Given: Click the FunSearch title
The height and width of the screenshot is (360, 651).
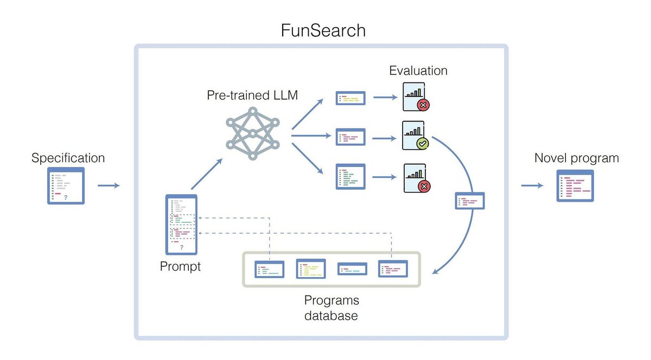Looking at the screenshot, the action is [323, 30].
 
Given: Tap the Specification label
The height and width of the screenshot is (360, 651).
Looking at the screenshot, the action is [68, 158].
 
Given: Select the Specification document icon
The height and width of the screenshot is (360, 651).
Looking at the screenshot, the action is [66, 185].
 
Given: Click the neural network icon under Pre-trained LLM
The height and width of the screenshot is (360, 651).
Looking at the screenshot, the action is [253, 133].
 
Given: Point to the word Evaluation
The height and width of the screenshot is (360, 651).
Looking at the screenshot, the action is [418, 70].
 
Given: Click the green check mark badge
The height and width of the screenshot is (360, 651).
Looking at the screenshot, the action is [422, 143].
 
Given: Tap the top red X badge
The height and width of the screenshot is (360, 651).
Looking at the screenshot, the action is [423, 105].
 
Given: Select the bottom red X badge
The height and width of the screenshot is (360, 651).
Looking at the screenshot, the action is [424, 187].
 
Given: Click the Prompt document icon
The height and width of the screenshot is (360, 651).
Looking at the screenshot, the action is [181, 224].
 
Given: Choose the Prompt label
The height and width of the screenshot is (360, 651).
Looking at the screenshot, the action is [180, 266].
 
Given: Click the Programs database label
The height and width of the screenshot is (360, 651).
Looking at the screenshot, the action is [331, 308].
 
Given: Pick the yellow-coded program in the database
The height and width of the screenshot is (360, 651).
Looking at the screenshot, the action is [311, 269].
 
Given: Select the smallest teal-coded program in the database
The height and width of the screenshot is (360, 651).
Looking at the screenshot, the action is [352, 269].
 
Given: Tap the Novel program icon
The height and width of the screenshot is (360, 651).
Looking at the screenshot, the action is [575, 185].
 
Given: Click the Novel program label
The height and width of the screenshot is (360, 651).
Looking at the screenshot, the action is [577, 158].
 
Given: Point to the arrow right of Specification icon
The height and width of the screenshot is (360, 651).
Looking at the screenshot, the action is [108, 185].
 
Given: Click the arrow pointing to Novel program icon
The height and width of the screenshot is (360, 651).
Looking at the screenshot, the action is [532, 185].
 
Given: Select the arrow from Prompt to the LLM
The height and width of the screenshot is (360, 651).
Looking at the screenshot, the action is [207, 174].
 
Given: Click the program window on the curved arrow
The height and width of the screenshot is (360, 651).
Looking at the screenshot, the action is [470, 201].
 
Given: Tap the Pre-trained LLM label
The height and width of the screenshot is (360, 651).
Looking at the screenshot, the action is [252, 95].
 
